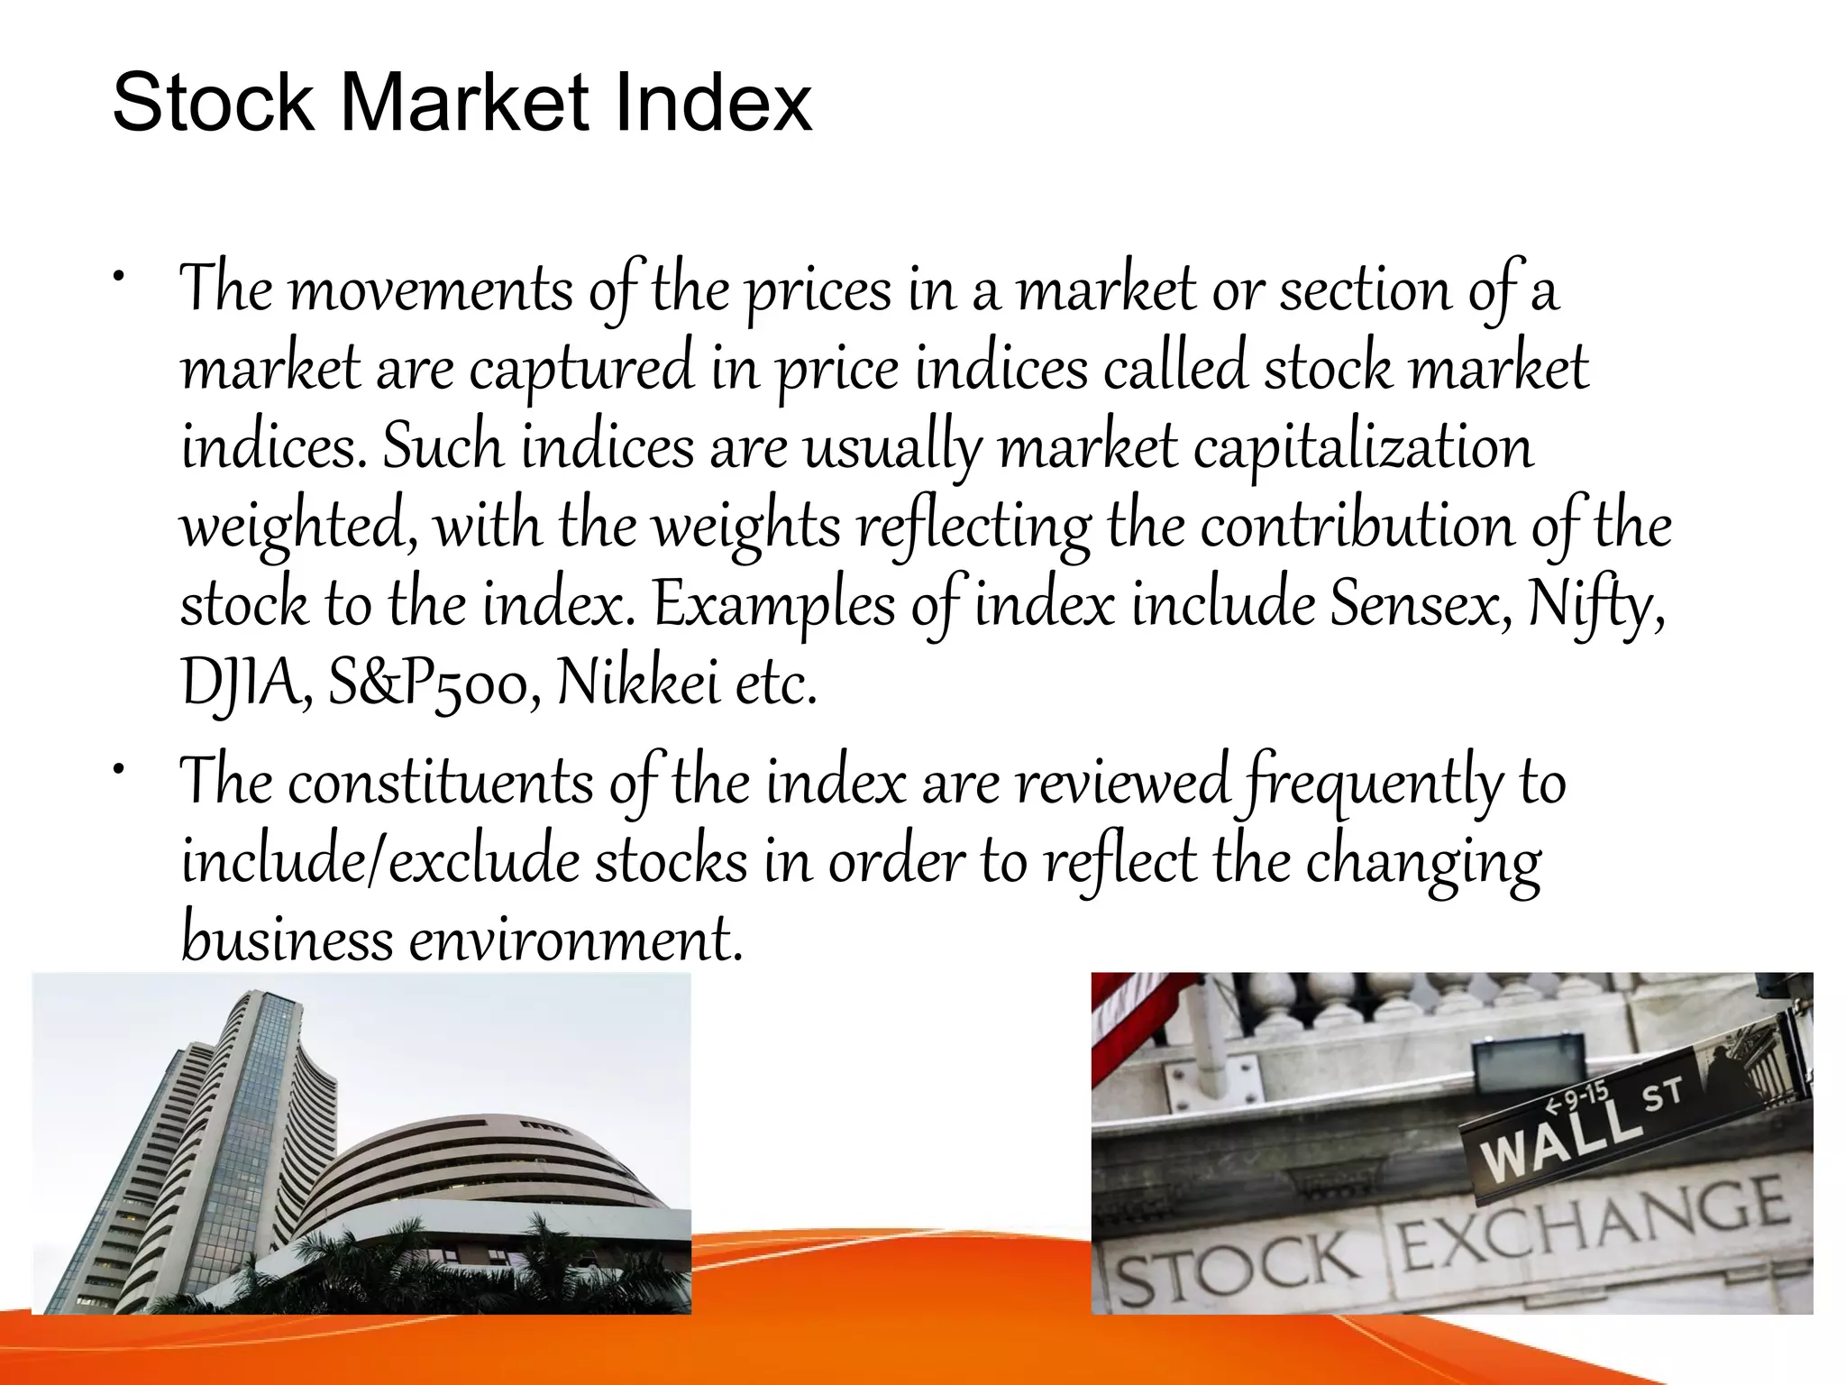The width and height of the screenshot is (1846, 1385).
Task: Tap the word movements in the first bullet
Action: click(x=431, y=290)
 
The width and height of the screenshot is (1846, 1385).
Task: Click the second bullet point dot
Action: click(x=119, y=769)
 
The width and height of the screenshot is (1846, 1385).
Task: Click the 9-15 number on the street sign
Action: click(x=1576, y=1098)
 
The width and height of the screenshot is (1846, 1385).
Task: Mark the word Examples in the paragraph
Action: click(x=773, y=606)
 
